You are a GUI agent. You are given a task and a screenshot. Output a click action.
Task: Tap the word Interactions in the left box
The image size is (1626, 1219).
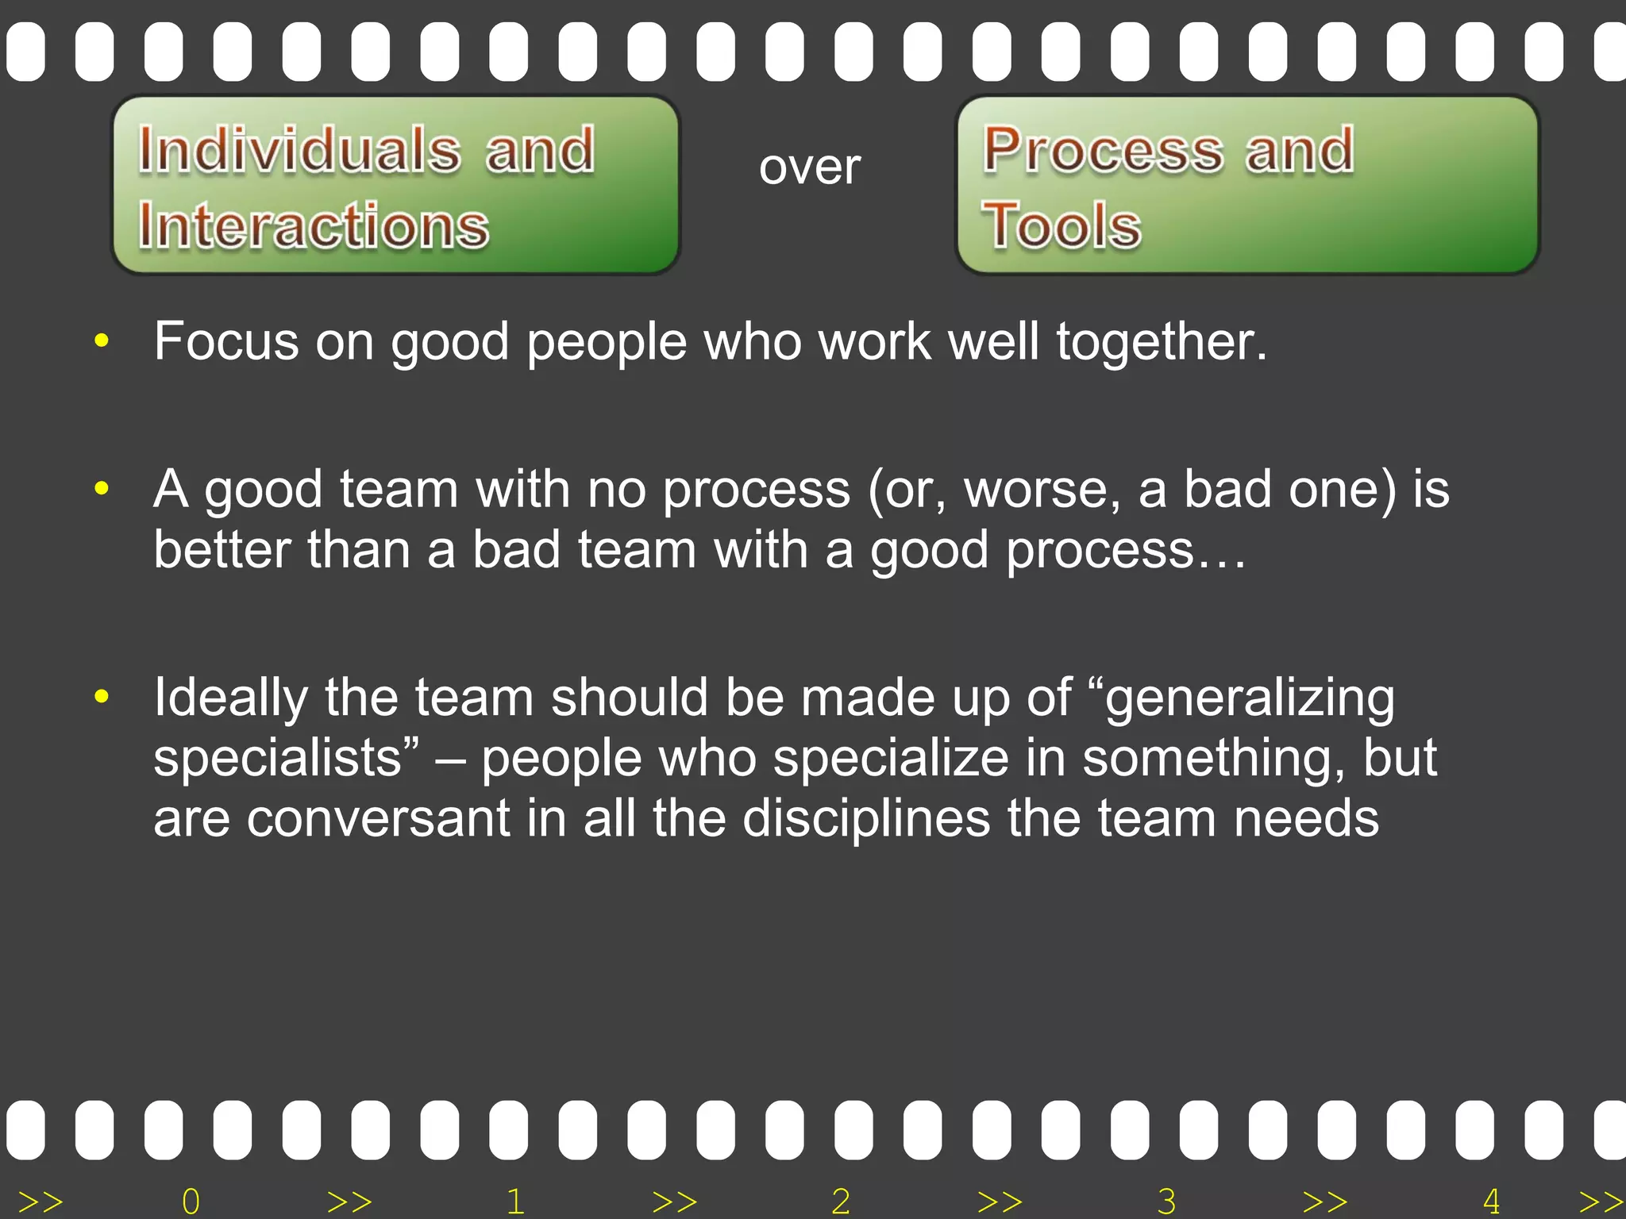click(314, 225)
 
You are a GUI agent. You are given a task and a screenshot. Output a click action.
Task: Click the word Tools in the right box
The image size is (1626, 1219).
click(1062, 225)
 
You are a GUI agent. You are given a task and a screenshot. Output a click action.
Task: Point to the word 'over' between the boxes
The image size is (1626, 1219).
click(809, 167)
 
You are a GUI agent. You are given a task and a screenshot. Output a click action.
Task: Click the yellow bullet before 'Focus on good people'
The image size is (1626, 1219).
click(101, 341)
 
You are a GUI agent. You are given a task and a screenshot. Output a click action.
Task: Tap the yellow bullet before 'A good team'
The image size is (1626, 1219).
click(101, 488)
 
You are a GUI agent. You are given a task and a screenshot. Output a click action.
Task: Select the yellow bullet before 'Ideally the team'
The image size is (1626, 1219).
click(101, 697)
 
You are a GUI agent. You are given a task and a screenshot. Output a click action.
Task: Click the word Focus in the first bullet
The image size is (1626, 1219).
click(226, 341)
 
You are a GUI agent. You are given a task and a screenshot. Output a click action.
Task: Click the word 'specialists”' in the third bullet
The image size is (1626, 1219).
click(286, 759)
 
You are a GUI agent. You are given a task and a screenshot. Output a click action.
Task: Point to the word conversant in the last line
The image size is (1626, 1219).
click(379, 818)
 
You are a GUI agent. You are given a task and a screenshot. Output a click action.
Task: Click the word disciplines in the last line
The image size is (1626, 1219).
click(866, 818)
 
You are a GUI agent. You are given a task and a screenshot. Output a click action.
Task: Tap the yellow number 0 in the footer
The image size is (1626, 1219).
click(191, 1202)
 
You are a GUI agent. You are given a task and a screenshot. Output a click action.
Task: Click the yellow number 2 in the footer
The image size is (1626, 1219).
click(841, 1202)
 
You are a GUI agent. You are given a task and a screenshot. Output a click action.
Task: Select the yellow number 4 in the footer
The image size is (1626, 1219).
click(1491, 1202)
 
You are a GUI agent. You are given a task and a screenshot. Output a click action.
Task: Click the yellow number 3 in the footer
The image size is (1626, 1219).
click(1166, 1202)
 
